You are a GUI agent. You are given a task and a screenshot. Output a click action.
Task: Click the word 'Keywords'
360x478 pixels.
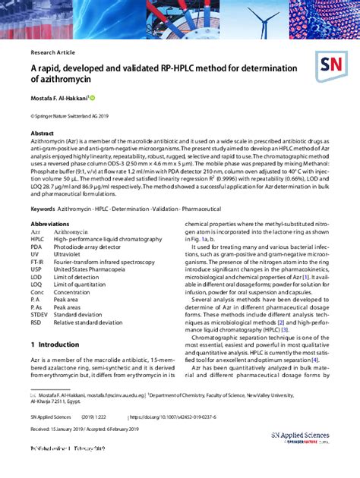(x=43, y=208)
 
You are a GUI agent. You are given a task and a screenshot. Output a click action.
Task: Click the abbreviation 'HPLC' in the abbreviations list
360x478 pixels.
(x=38, y=239)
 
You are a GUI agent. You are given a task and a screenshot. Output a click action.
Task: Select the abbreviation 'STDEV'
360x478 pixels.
(x=39, y=315)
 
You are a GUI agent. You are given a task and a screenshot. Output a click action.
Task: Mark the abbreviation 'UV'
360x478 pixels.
(x=35, y=254)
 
